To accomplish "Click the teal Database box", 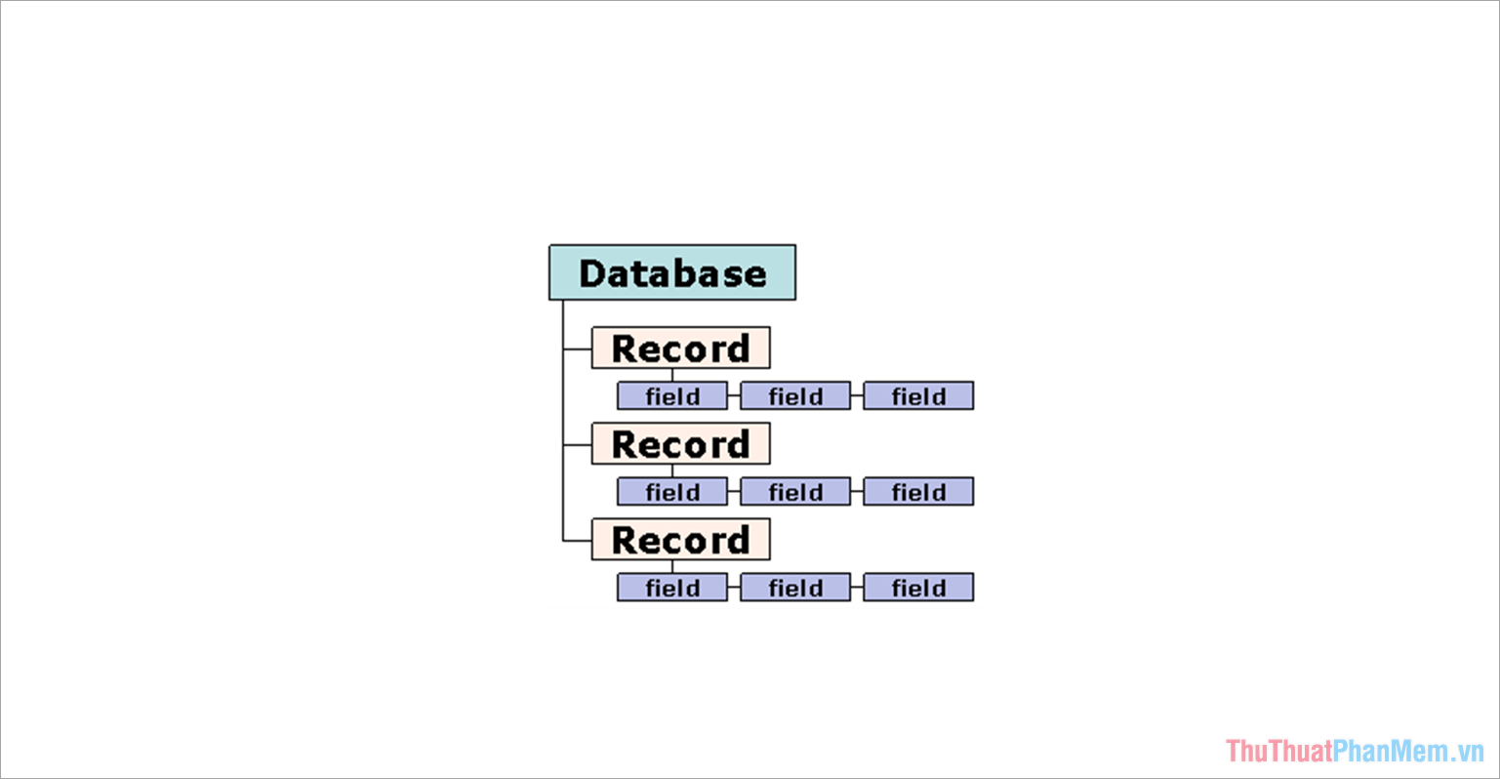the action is click(x=672, y=272).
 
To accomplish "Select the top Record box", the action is click(x=681, y=348).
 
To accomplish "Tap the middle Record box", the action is click(x=681, y=443).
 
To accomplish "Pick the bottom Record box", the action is click(x=681, y=539).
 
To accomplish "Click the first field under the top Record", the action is click(x=672, y=396).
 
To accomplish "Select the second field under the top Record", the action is click(x=795, y=396).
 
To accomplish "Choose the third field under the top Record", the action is click(x=918, y=396).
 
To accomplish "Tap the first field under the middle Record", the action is click(x=672, y=492).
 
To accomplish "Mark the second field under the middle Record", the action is click(x=795, y=492).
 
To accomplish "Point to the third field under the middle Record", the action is click(x=918, y=492).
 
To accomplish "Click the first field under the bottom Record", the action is click(x=672, y=588).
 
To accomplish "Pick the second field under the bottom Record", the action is click(x=795, y=588).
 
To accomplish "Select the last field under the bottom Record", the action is click(x=918, y=588).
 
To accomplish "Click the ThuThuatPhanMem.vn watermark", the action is click(x=1355, y=752).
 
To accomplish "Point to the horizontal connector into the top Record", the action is click(x=578, y=348).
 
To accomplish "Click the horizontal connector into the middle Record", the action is click(x=578, y=445).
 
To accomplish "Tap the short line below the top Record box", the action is click(x=672, y=375).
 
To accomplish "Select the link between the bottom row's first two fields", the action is click(x=734, y=588).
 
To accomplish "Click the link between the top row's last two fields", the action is click(x=857, y=396).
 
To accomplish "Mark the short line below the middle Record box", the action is click(x=672, y=471).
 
